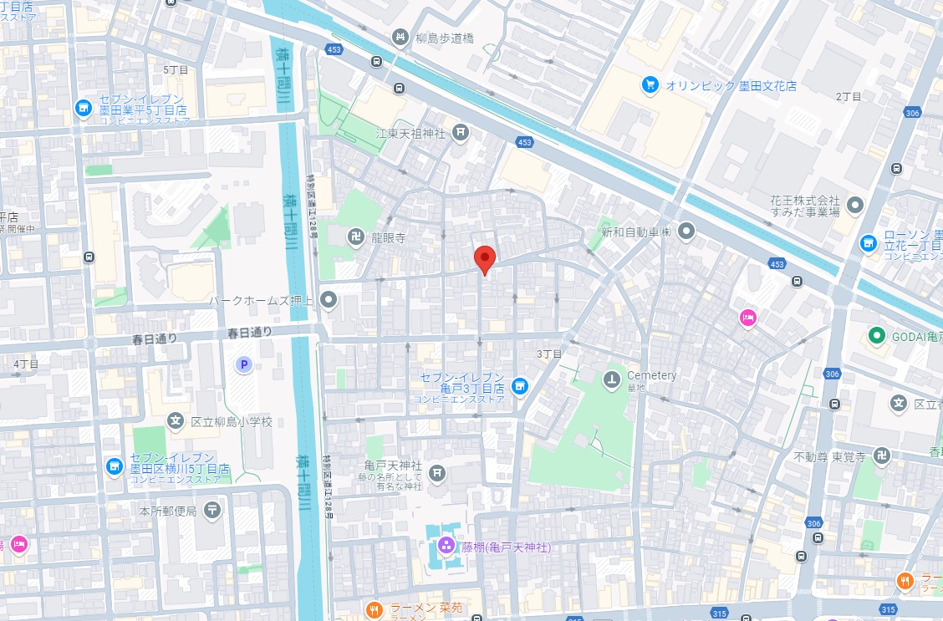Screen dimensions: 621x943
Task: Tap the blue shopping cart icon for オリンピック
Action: click(x=650, y=84)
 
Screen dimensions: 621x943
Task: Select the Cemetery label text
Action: click(x=651, y=375)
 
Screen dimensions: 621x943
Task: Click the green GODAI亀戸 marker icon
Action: click(x=876, y=336)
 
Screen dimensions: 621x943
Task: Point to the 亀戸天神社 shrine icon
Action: click(x=436, y=474)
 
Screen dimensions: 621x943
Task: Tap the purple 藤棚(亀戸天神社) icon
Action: click(x=446, y=547)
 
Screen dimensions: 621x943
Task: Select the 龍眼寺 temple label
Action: click(x=389, y=238)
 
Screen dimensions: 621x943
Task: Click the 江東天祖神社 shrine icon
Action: click(x=460, y=132)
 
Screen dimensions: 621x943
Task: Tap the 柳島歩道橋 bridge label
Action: click(x=446, y=37)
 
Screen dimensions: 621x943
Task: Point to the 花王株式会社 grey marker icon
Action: click(x=854, y=204)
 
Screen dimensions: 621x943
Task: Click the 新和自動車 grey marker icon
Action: click(x=686, y=230)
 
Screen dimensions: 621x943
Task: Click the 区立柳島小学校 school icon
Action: click(x=176, y=421)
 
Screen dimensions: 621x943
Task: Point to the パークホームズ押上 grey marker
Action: click(x=329, y=299)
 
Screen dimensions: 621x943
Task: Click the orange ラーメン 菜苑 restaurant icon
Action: click(x=375, y=608)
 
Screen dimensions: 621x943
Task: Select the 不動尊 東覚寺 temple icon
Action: click(x=880, y=456)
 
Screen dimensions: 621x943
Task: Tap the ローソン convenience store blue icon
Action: click(x=869, y=242)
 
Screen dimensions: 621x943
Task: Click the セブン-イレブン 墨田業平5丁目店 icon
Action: click(x=83, y=108)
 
